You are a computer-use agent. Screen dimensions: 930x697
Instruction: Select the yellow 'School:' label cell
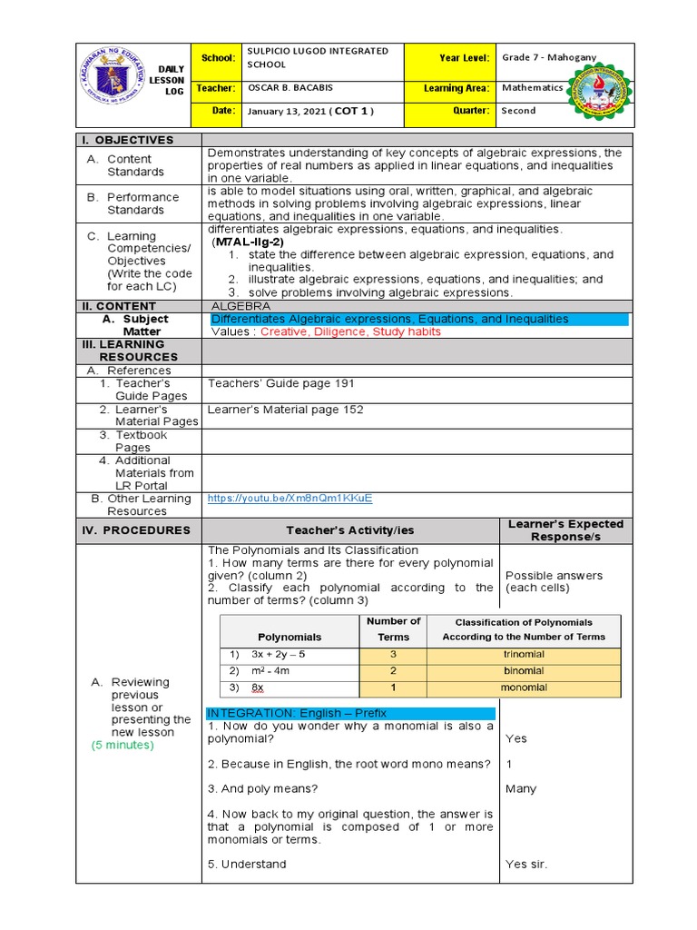(x=218, y=58)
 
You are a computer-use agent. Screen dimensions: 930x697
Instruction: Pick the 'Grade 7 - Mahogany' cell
(x=549, y=58)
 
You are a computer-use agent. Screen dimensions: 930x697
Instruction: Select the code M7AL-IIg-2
(x=249, y=242)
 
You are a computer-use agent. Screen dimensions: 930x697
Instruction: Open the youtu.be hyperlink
(x=290, y=499)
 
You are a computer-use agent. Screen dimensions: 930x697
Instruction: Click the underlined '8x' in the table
(x=257, y=688)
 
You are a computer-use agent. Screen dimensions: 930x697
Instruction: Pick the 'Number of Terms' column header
(x=393, y=628)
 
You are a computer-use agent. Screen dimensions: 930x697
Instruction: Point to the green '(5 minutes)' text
(x=123, y=745)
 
